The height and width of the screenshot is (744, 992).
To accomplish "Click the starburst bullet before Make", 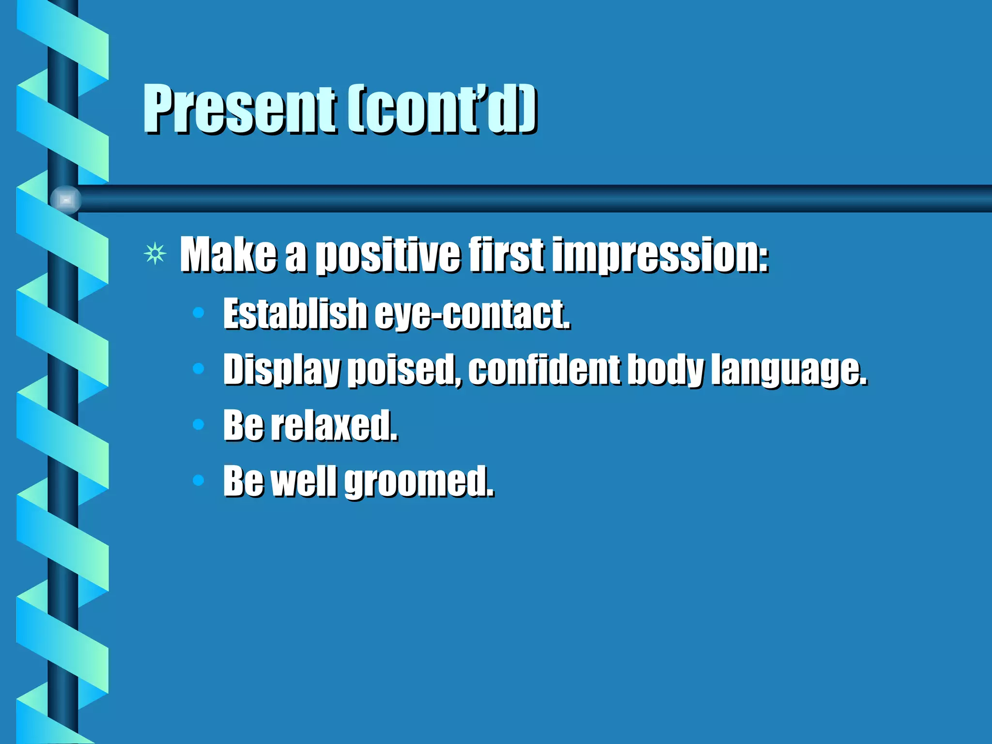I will (155, 253).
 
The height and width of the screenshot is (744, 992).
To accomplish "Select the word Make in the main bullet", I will (228, 255).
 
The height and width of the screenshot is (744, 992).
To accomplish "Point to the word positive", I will (387, 256).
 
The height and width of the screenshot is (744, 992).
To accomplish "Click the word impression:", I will (660, 256).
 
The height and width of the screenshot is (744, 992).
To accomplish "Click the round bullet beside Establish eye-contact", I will (198, 313).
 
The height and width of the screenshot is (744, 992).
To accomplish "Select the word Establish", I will (295, 314).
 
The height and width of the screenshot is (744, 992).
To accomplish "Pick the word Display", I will (281, 370).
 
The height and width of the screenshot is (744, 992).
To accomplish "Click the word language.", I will (789, 370).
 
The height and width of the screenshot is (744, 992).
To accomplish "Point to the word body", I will (665, 370).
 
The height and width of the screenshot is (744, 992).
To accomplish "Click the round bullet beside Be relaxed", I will (198, 425).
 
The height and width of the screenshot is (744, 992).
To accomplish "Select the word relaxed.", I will (334, 425).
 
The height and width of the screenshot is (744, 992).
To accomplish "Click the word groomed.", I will (419, 482).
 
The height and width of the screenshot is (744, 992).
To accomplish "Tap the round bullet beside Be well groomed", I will (198, 480).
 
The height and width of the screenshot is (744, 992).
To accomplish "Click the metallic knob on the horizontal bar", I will (66, 200).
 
